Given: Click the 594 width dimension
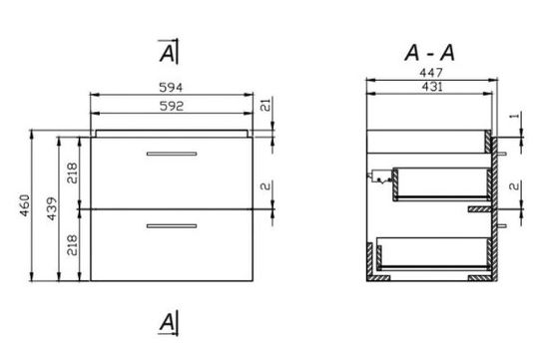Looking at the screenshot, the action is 171,88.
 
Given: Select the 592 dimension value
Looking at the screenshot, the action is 172,106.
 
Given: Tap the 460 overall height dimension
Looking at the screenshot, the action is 25,205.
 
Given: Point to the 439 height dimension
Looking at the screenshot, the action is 52,208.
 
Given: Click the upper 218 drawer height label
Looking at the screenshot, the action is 72,173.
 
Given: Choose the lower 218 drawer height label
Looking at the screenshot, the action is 72,245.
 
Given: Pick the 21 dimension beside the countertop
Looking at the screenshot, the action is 266,105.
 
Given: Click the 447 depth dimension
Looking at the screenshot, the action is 431,73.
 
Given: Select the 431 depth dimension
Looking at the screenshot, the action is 432,87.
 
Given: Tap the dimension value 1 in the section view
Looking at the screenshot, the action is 515,116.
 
